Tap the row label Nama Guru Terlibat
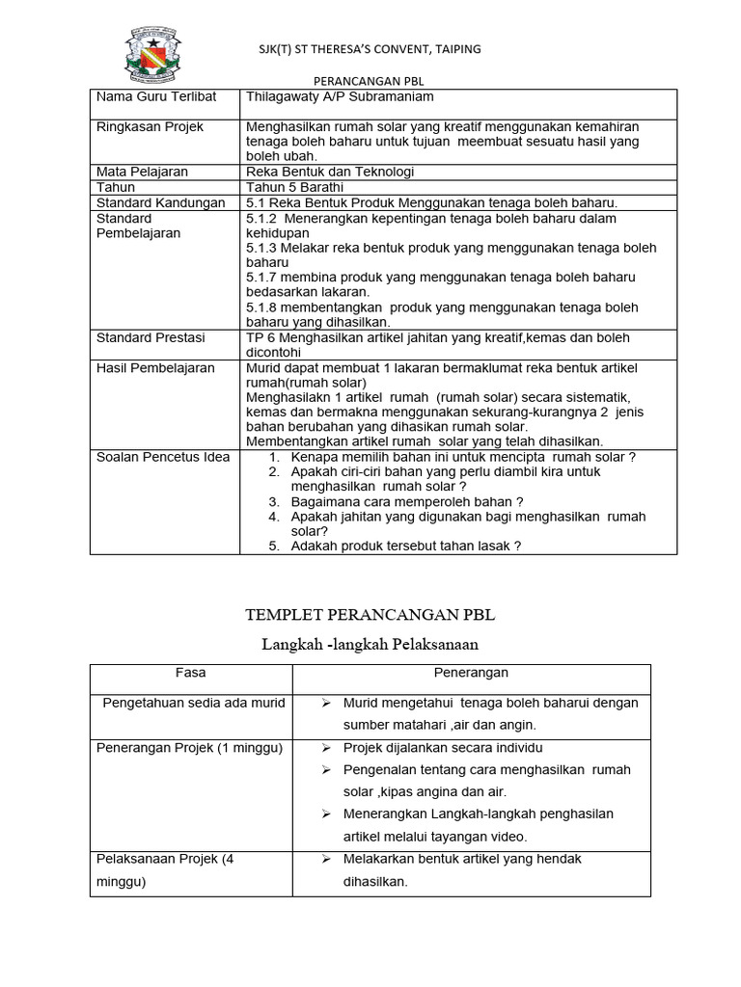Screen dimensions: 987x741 (x=155, y=97)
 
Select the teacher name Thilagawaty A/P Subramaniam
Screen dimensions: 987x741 (x=341, y=97)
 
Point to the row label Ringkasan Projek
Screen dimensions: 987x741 (x=150, y=127)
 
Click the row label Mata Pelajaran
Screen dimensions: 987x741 (x=142, y=172)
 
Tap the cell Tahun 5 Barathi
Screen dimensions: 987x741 (x=288, y=187)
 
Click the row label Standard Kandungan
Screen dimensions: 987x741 (x=161, y=202)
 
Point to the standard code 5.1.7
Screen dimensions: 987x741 (x=261, y=278)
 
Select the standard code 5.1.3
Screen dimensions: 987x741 (x=261, y=248)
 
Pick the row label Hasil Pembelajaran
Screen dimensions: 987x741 (x=155, y=368)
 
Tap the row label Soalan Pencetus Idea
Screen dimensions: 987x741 (x=163, y=457)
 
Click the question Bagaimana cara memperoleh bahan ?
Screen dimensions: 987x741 (x=407, y=501)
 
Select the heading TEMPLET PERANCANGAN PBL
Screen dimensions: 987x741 (x=370, y=615)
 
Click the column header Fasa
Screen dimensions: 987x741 (x=190, y=673)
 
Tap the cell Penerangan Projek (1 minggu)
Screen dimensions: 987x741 (x=189, y=749)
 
